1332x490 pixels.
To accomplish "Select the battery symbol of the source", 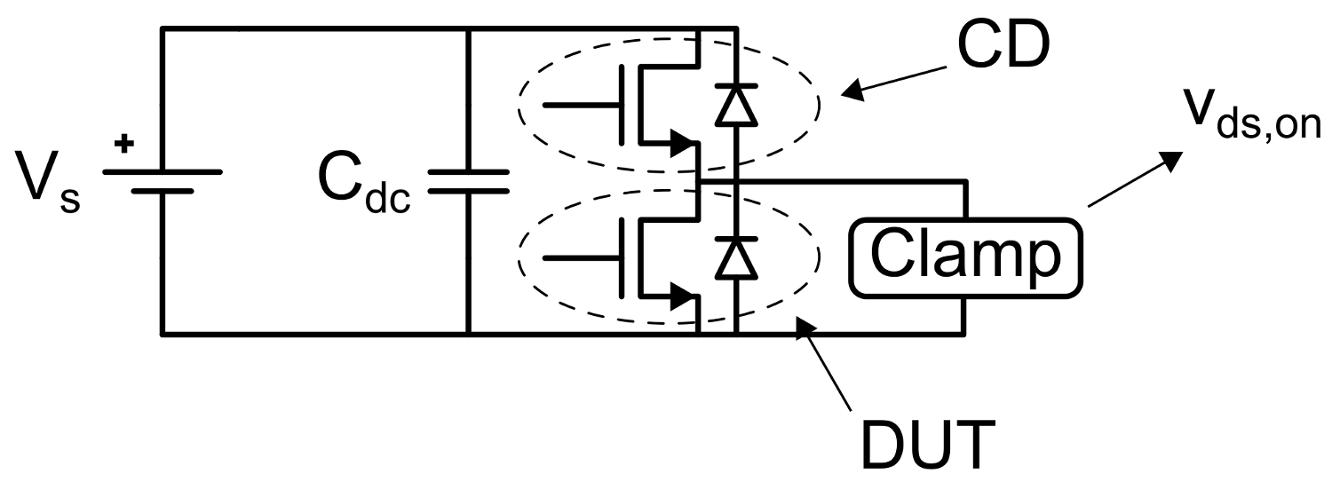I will point(162,180).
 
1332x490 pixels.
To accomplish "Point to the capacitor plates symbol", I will point(468,181).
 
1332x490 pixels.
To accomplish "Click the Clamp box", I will point(965,257).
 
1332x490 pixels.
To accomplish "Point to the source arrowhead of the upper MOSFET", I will point(682,141).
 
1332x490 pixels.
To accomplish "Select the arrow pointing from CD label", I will point(888,78).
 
